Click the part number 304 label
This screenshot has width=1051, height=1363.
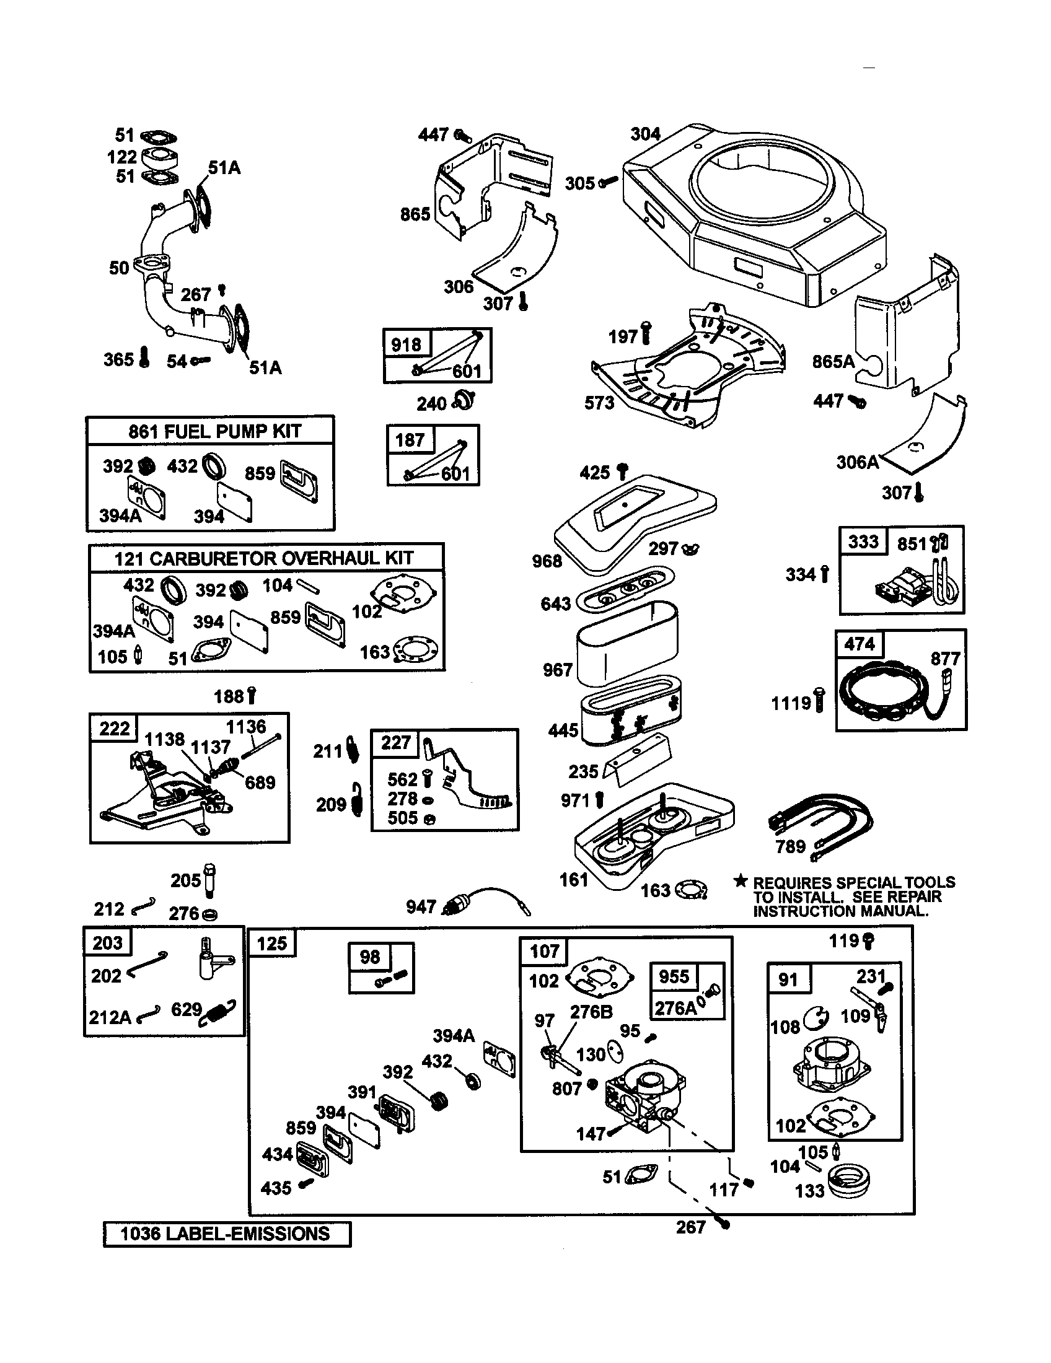tap(644, 134)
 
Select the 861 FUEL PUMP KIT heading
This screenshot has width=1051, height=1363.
tap(214, 431)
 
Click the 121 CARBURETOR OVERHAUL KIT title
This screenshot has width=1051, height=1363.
tap(264, 558)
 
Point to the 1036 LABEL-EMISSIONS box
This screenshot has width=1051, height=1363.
tap(226, 1234)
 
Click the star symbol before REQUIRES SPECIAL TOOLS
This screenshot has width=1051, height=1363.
tap(740, 881)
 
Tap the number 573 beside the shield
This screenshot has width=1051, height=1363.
tap(599, 403)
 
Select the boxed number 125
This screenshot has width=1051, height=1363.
tap(271, 943)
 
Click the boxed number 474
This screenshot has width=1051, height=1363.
tap(859, 644)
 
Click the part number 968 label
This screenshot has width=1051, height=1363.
tap(547, 561)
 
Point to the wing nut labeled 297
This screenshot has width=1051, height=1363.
tap(691, 549)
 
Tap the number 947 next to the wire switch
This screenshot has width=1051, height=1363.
tap(421, 907)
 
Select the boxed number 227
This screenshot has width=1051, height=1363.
tap(395, 743)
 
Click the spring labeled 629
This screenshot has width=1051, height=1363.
tap(218, 1012)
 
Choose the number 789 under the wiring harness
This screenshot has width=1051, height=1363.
tap(790, 846)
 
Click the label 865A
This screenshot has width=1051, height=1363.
tap(833, 361)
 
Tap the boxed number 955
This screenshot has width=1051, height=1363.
tap(674, 976)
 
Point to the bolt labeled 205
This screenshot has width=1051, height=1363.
tap(210, 880)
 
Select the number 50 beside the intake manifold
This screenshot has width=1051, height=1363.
tap(118, 268)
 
